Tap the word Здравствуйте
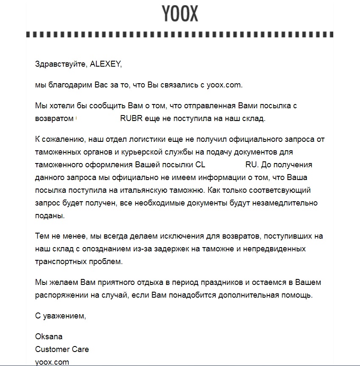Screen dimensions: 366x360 [x=61, y=64]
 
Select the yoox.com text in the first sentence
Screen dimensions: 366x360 [x=225, y=85]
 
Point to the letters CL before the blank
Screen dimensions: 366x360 [x=200, y=164]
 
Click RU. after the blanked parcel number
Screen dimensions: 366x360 [x=251, y=164]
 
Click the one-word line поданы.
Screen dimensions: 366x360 [x=50, y=216]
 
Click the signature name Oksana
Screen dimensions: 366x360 [x=49, y=337]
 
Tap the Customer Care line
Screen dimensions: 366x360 [x=62, y=349]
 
